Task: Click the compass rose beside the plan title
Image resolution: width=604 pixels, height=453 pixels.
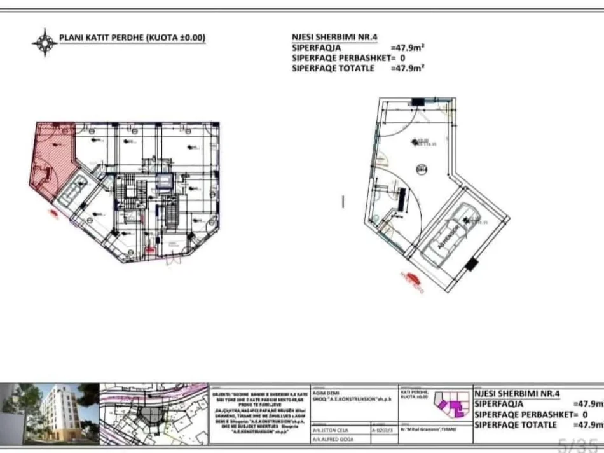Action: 44,42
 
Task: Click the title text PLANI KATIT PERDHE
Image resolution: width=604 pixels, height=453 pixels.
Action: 132,38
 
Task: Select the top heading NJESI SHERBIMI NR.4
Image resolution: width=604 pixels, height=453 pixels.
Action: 334,38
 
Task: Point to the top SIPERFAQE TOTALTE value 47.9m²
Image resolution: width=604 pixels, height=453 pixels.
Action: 408,68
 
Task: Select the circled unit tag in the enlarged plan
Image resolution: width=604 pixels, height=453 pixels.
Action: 421,169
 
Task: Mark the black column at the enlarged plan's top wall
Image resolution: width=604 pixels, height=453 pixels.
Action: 418,101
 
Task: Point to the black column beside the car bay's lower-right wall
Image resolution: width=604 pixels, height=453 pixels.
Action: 471,265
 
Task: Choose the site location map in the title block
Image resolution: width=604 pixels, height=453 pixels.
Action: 154,414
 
